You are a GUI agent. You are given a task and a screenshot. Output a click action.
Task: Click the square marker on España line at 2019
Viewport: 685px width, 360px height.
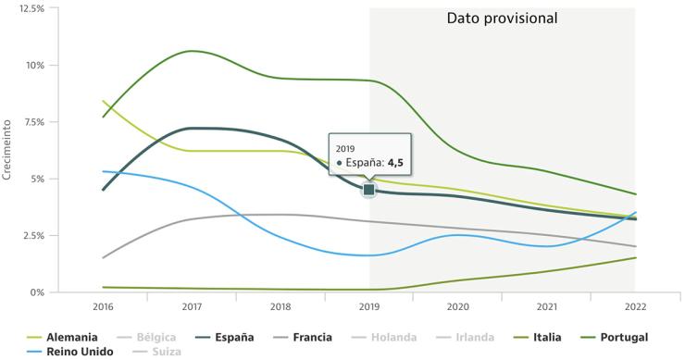point(369,190)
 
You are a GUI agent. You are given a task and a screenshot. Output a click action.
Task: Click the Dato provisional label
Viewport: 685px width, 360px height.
point(502,19)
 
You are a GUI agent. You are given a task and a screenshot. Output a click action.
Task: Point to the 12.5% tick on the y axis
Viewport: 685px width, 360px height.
point(31,8)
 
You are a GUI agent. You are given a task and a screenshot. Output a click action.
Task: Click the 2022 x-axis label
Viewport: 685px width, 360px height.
point(635,305)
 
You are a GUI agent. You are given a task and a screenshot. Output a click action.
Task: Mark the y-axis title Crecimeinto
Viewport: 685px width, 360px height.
point(8,150)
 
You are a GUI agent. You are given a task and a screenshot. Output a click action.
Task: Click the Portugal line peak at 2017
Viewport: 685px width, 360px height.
point(192,51)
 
